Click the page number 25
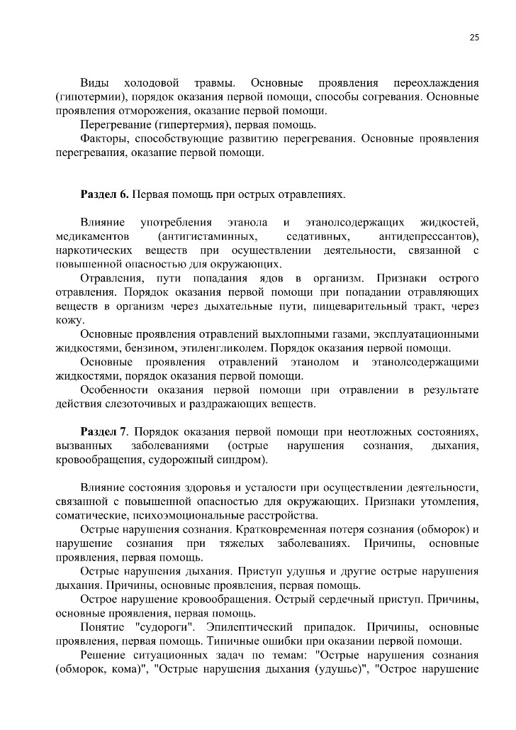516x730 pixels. pyautogui.click(x=474, y=38)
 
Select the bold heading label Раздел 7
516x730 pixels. pyautogui.click(x=104, y=432)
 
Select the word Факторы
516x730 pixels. pyautogui.click(x=101, y=138)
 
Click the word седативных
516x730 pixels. pyautogui.click(x=318, y=236)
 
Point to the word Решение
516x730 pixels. pyautogui.click(x=104, y=655)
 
